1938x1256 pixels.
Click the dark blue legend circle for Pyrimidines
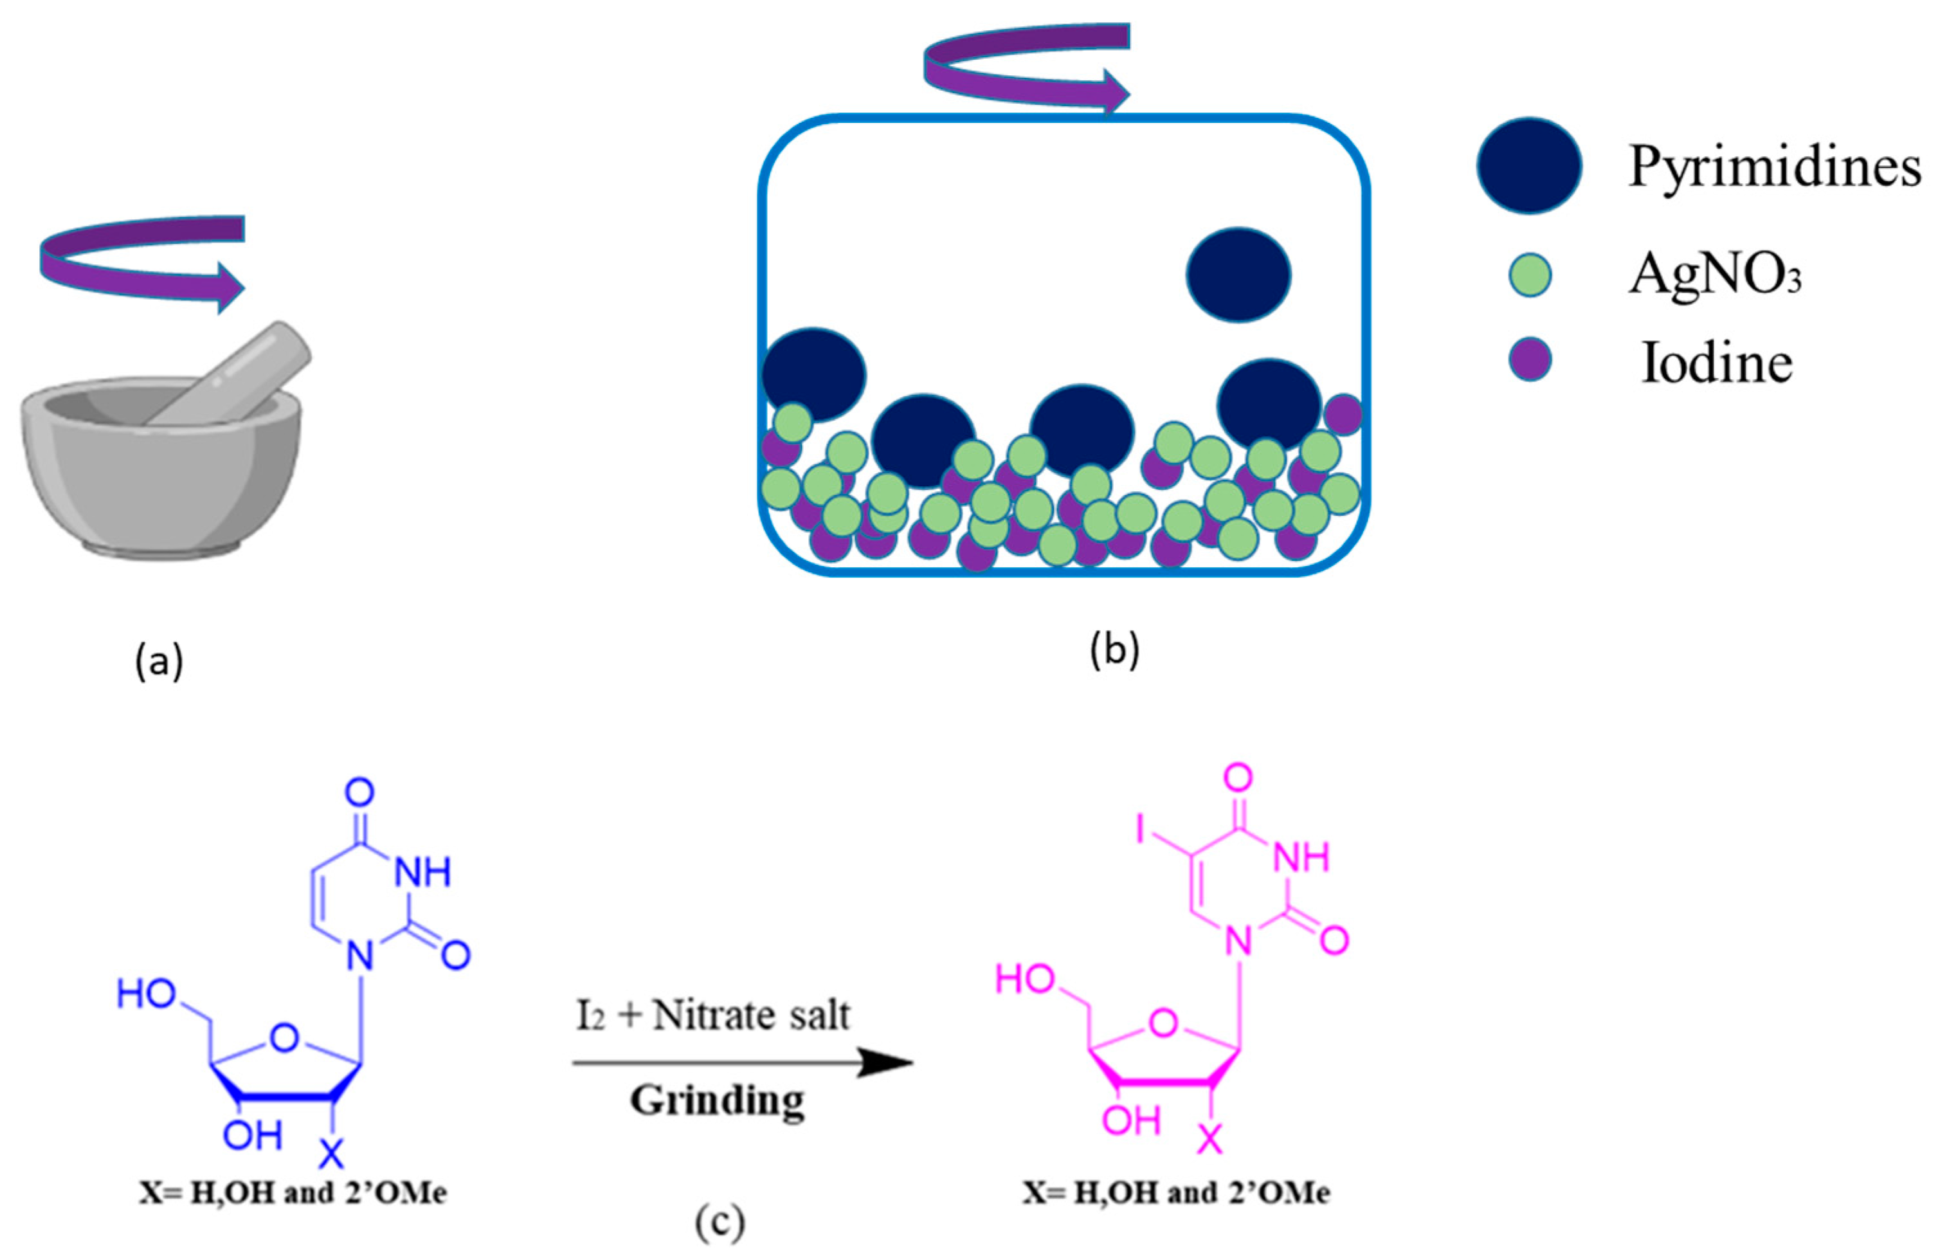[1529, 165]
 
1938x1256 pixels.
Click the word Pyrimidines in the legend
[1773, 167]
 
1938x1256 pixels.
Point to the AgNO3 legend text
[1714, 275]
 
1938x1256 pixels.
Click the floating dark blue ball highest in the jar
[1238, 275]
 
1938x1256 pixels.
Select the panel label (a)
[159, 660]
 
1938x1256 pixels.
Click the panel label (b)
[1114, 650]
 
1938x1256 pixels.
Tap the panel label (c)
[719, 1222]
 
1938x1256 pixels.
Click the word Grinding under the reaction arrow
[716, 1101]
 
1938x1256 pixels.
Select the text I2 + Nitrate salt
[713, 1015]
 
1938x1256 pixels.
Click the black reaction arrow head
[887, 1062]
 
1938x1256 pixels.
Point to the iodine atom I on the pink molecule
[1143, 830]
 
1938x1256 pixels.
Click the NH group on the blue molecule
[422, 873]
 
